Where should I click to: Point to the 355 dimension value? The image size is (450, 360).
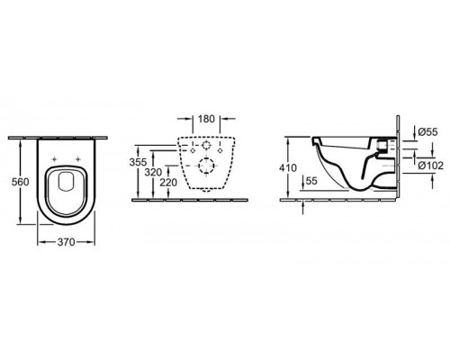(x=138, y=161)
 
